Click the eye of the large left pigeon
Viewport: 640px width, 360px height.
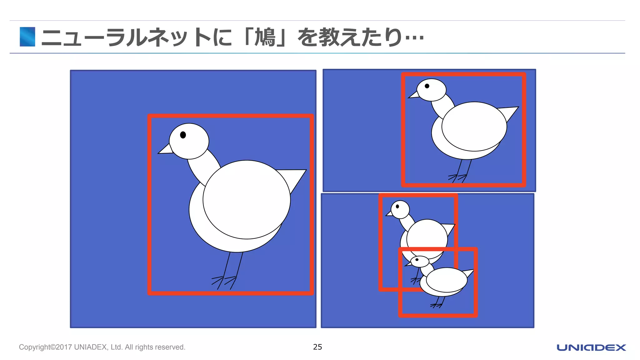[183, 135]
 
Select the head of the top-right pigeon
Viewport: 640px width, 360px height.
[432, 90]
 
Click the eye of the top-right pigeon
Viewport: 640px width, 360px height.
[427, 86]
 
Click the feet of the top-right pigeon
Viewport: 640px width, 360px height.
[457, 178]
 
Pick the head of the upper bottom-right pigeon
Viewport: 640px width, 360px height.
[400, 209]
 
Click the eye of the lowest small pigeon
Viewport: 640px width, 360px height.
[417, 260]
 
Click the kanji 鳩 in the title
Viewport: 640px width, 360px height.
[265, 37]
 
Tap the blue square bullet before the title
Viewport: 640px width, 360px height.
[27, 37]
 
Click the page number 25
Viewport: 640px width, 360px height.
[317, 347]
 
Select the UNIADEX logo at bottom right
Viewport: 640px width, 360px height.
[591, 347]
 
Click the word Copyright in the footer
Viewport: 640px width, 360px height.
[34, 347]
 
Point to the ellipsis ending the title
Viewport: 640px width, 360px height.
[414, 38]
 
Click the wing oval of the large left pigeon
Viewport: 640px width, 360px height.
[247, 200]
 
